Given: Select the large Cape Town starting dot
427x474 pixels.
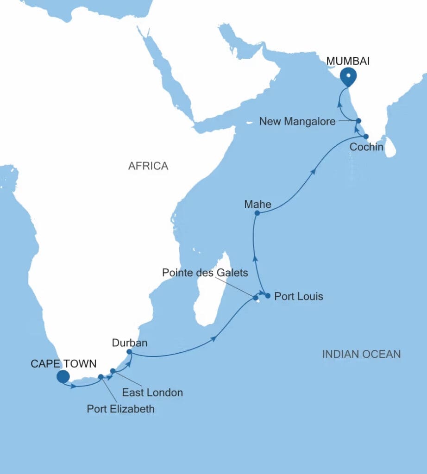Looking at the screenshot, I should (x=63, y=377).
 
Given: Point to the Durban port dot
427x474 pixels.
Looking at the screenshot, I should (x=129, y=352).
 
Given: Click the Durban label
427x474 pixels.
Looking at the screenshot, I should (x=130, y=343).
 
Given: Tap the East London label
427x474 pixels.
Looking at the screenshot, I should (x=152, y=393).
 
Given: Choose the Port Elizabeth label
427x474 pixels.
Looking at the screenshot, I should (x=121, y=409).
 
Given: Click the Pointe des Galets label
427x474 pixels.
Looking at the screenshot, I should (x=205, y=273).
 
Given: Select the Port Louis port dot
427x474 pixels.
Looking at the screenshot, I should (x=268, y=295).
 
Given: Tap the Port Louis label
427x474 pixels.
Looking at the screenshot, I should (x=299, y=296).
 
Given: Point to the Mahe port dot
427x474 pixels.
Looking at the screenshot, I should (x=257, y=213).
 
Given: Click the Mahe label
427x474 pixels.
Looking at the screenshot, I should (x=257, y=204).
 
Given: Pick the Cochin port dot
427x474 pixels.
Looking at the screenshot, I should (x=366, y=137).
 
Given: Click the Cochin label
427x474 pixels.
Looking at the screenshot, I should (x=367, y=147).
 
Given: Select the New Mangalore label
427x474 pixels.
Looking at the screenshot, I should (x=298, y=122).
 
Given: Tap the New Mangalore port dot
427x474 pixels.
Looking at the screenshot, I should (x=358, y=121).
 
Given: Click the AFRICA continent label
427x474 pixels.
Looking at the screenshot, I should (x=148, y=166).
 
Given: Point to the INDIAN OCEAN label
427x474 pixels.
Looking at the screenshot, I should (x=361, y=354).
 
